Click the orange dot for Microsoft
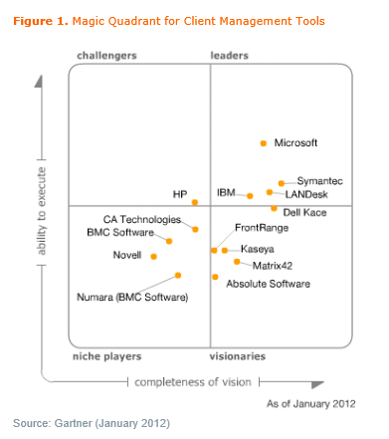coord(264,143)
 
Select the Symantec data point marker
coord(282,183)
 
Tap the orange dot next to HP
coord(195,202)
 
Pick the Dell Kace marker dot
coord(274,209)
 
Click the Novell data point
coord(154,256)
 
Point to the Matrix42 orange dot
coord(237,262)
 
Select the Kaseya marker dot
coord(225,250)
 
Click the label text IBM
coord(227,192)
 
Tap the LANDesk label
coord(306,194)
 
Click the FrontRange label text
coord(256,228)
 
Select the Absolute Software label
coord(268,284)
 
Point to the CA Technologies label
coord(142,219)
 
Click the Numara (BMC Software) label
coord(123,297)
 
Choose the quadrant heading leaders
coord(230,56)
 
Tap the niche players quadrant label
coord(106,355)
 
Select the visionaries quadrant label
coord(237,355)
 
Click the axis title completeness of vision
coord(194,382)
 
